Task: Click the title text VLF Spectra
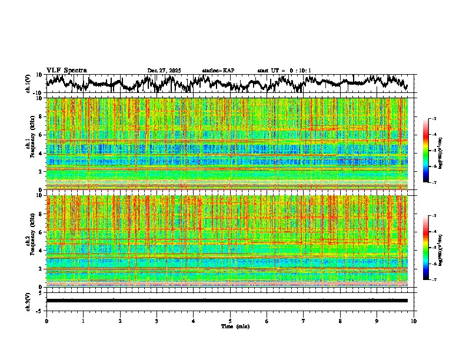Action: [66, 71]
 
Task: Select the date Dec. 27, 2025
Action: [164, 71]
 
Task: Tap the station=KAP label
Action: [218, 71]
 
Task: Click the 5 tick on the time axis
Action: [230, 321]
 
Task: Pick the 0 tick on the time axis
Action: [46, 321]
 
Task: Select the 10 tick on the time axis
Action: [414, 321]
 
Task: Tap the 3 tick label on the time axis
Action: [157, 321]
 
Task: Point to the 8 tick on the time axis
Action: [340, 321]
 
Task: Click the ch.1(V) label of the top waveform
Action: [28, 84]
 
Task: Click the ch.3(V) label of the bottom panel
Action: [28, 301]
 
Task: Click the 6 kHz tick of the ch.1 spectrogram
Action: [41, 135]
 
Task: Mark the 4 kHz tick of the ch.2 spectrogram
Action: [41, 251]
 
